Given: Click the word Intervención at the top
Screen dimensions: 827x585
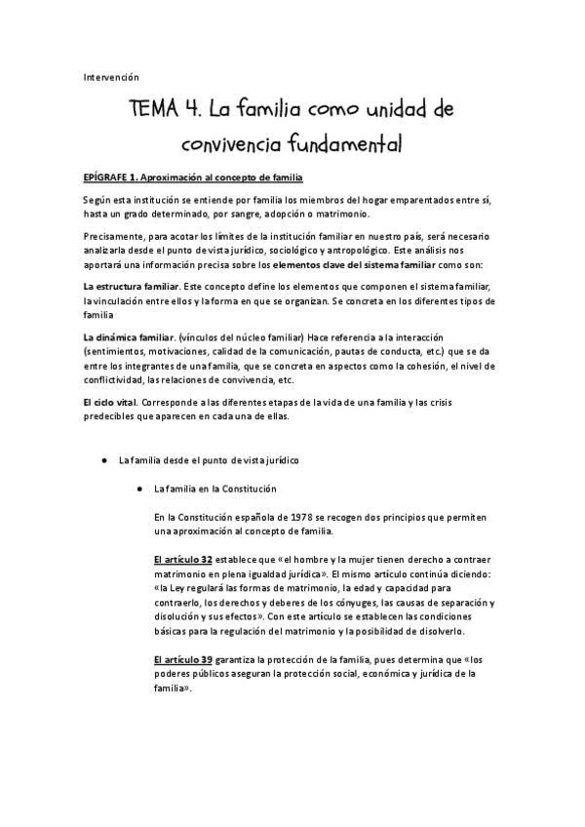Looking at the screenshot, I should click(x=111, y=77).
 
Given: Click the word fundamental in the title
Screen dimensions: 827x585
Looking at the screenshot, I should click(x=344, y=145).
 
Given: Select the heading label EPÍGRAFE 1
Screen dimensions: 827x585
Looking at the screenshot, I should click(x=110, y=177).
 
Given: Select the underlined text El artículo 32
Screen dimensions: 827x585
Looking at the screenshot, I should click(x=183, y=560).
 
